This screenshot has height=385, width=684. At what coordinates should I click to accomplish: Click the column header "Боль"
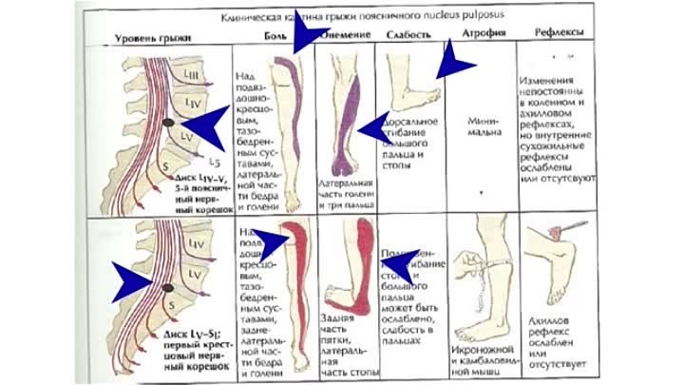point(274,36)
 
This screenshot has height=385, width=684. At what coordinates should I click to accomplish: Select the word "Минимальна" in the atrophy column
point(484,126)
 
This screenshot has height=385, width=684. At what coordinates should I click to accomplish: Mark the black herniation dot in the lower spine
point(167,287)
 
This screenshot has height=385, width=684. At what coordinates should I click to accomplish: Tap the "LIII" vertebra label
point(191,75)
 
